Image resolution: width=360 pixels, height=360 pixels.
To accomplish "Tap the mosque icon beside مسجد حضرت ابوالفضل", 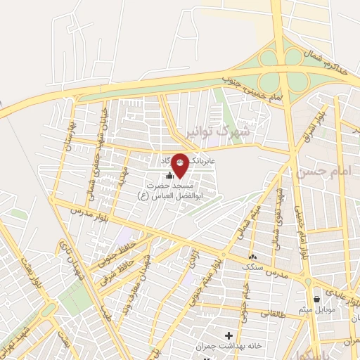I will click(x=169, y=176).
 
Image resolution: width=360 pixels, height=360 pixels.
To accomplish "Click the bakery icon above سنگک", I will click(x=252, y=257).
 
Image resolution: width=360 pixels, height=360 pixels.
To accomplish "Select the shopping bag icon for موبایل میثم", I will click(x=317, y=298).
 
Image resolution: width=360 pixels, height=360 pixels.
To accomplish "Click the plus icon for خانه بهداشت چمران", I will click(x=228, y=335).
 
